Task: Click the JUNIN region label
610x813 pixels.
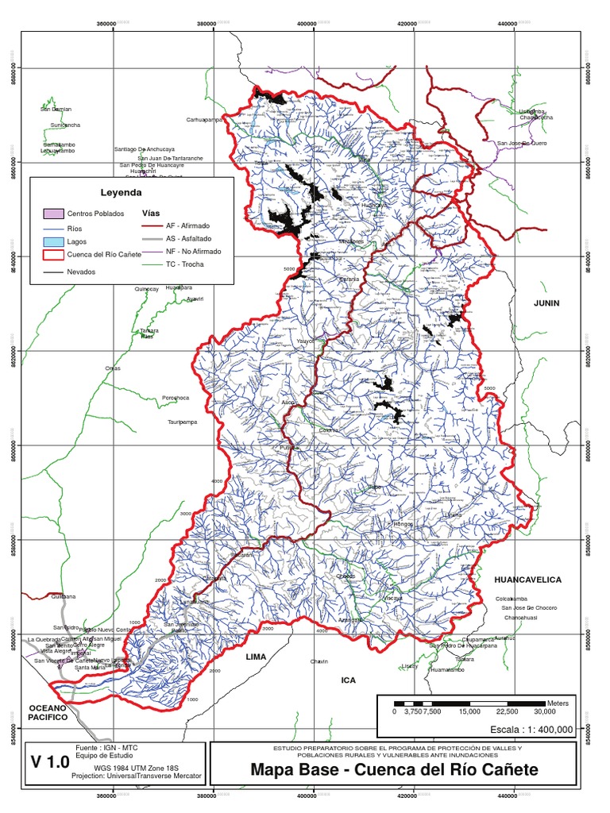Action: pos(546,303)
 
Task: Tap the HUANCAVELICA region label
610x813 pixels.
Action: pos(527,580)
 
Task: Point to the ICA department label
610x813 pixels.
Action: pos(349,680)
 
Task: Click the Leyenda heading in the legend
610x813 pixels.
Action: pos(121,192)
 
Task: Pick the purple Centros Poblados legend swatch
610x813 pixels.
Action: pos(53,214)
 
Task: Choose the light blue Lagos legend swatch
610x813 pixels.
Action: pos(53,241)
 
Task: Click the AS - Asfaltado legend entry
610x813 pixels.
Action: pos(188,238)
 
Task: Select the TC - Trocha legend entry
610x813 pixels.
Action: pos(184,263)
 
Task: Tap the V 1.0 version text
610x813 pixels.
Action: pos(50,763)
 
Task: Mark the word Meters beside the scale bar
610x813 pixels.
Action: pos(557,703)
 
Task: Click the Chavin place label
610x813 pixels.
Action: pos(319,661)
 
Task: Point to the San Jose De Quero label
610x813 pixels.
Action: pos(522,143)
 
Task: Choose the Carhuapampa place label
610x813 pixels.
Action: pos(202,120)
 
